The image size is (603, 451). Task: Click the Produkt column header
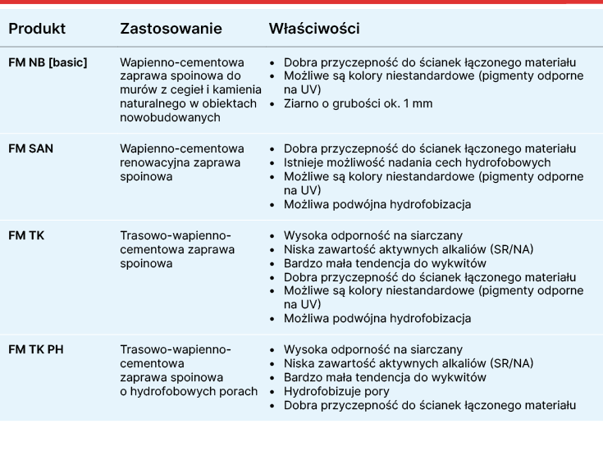pyautogui.click(x=37, y=29)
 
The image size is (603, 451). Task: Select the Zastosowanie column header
pyautogui.click(x=171, y=29)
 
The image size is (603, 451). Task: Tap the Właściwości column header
pyautogui.click(x=314, y=29)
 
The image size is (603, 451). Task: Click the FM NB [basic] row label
pyautogui.click(x=48, y=62)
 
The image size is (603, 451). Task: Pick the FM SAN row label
pyautogui.click(x=31, y=148)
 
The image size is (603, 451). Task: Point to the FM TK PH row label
pyautogui.click(x=36, y=349)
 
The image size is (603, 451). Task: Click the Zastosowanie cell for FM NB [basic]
pyautogui.click(x=181, y=89)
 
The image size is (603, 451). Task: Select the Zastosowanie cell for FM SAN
pyautogui.click(x=181, y=162)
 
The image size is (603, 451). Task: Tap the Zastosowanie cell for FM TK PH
pyautogui.click(x=188, y=370)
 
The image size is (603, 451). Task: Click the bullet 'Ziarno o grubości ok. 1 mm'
pyautogui.click(x=358, y=104)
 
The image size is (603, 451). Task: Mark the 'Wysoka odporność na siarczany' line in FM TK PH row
pyautogui.click(x=372, y=349)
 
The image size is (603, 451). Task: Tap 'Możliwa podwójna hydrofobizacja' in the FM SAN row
pyautogui.click(x=377, y=204)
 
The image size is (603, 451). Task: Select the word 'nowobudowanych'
pyautogui.click(x=170, y=117)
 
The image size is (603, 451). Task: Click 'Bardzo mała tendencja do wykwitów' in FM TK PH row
pyautogui.click(x=385, y=377)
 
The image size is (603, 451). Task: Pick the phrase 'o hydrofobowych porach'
pyautogui.click(x=189, y=391)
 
